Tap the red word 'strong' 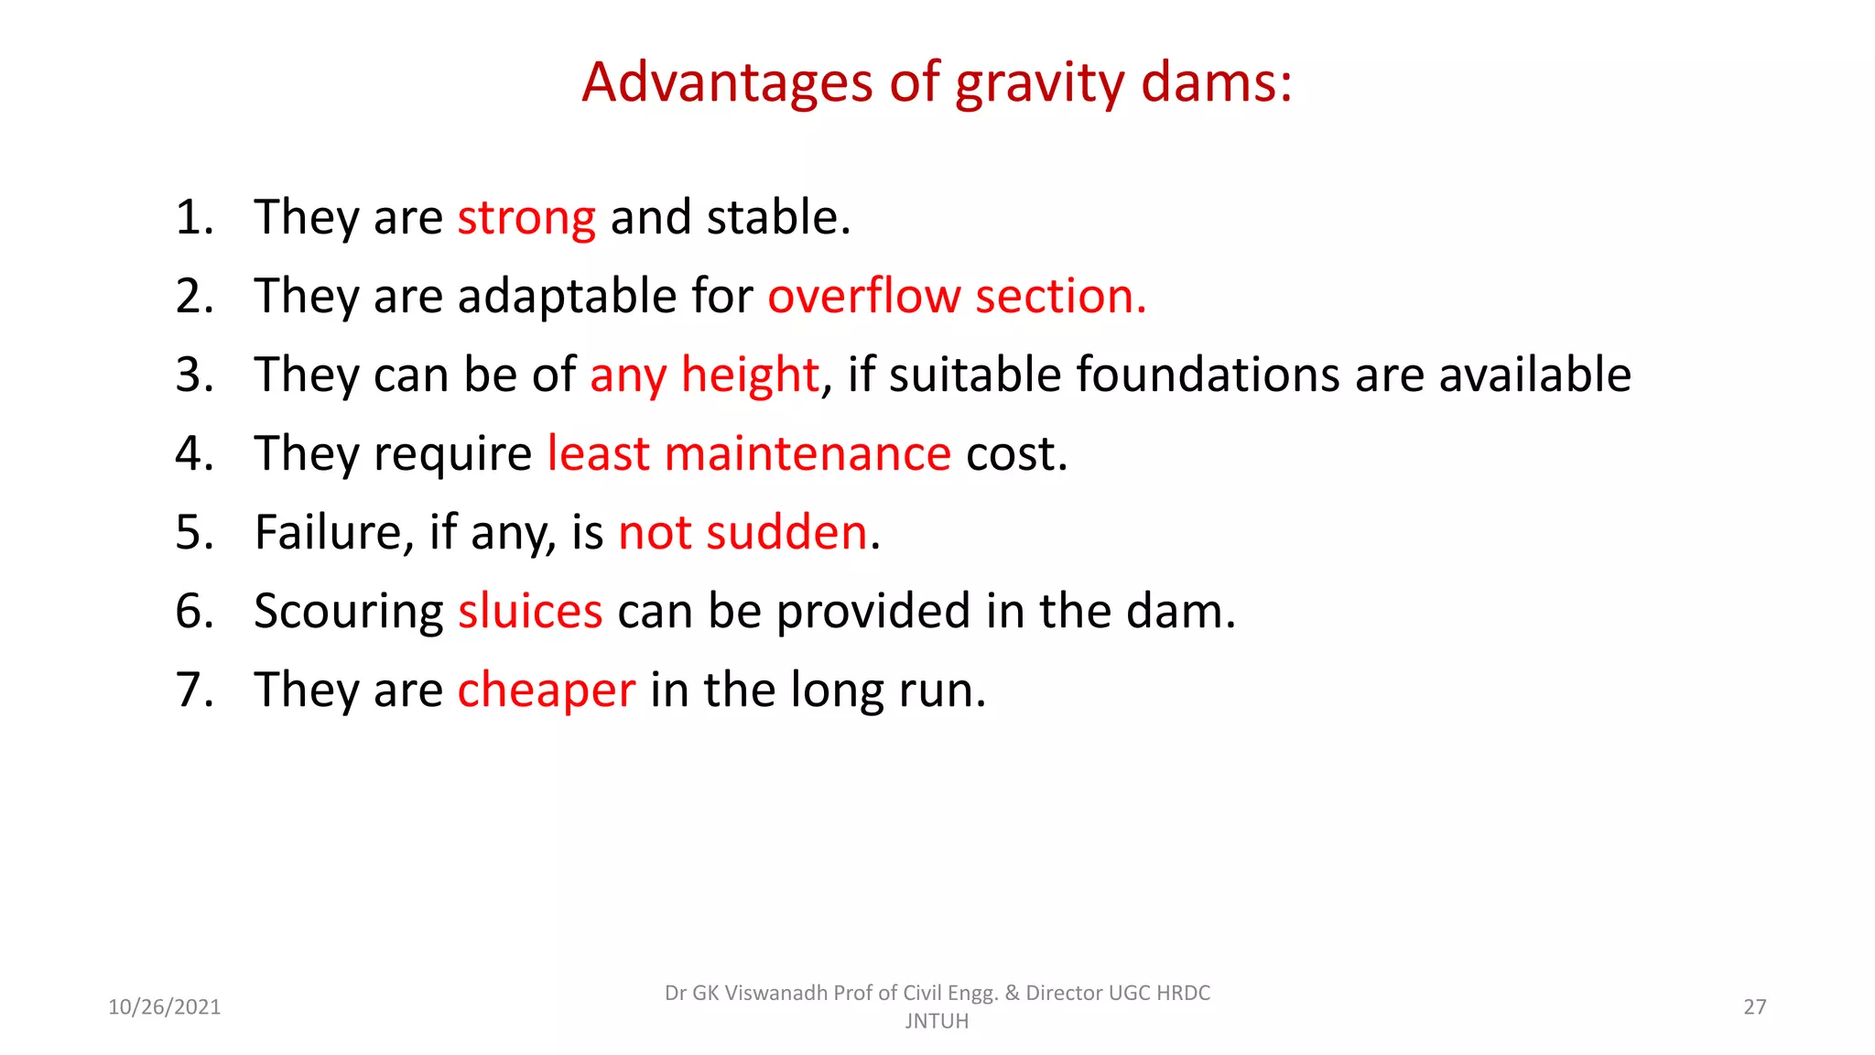(526, 219)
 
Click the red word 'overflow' (864, 296)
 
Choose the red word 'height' (750, 375)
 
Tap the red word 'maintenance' (807, 453)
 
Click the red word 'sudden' (786, 532)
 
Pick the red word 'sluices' (530, 611)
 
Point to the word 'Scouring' (348, 613)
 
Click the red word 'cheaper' (546, 691)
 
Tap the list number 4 (194, 453)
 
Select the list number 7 (194, 690)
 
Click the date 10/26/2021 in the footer (165, 1007)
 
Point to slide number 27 (1754, 1007)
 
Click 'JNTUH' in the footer (937, 1021)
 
